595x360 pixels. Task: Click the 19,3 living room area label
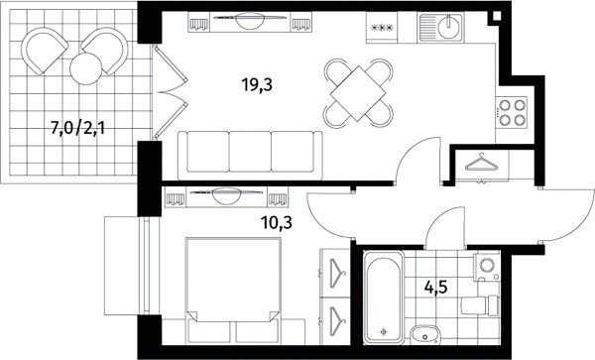click(257, 85)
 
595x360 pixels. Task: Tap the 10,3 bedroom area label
click(276, 223)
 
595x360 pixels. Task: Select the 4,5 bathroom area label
click(435, 288)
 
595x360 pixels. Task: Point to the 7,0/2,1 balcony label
click(77, 129)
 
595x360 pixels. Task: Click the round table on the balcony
click(85, 68)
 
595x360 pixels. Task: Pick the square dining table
click(358, 93)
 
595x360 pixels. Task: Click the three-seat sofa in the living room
click(250, 155)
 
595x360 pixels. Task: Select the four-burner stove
click(512, 112)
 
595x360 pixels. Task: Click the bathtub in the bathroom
click(383, 298)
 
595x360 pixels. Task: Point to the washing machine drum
click(487, 265)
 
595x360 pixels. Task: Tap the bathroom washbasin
click(425, 335)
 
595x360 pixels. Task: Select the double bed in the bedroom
click(233, 290)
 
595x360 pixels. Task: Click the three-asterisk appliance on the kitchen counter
click(382, 28)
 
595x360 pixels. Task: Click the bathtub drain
click(384, 331)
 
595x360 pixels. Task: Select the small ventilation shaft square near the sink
click(495, 16)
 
